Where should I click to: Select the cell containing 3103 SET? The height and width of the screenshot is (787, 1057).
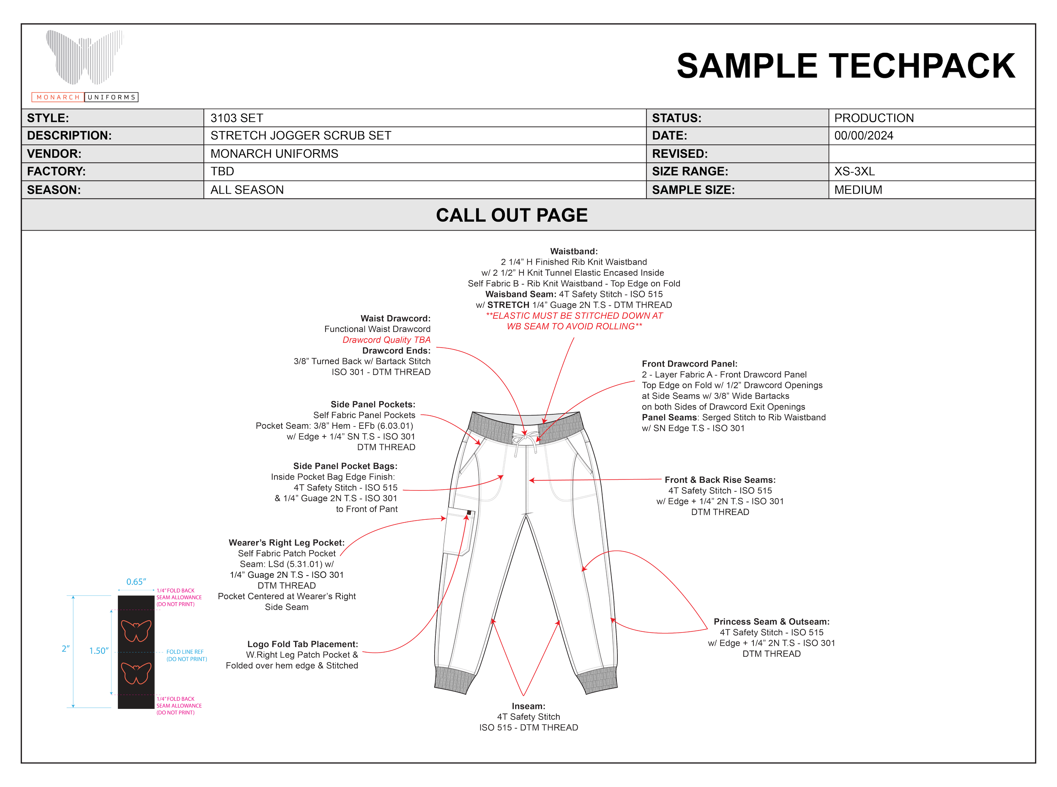pos(424,118)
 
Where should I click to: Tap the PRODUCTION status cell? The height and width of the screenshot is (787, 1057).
pos(931,118)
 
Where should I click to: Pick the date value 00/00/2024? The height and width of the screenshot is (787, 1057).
pos(864,136)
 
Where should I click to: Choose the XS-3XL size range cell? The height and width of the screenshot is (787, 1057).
pos(931,172)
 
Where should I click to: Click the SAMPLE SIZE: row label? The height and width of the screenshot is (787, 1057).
pos(693,189)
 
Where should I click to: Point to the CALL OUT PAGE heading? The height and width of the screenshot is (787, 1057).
pos(512,215)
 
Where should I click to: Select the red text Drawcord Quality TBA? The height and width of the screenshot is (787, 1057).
pos(386,340)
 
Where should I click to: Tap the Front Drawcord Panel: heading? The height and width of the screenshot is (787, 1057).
pos(689,364)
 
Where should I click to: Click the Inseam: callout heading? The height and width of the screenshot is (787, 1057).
pos(528,705)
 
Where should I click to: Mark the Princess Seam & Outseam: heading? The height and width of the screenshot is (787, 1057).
pos(771,621)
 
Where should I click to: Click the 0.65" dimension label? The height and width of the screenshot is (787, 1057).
pos(136,581)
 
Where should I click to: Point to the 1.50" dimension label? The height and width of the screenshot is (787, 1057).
pos(99,650)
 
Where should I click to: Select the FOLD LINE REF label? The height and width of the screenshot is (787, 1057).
pos(184,651)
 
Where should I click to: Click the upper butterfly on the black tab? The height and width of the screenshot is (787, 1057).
pos(136,630)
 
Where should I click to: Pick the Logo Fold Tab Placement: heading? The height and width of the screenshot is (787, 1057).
pos(302,644)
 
